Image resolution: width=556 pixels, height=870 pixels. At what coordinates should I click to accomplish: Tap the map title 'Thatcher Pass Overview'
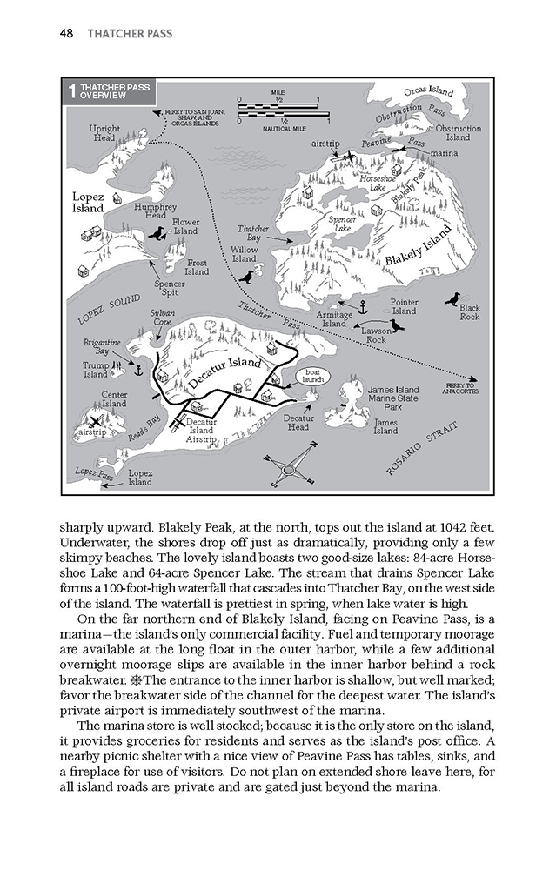coord(103,91)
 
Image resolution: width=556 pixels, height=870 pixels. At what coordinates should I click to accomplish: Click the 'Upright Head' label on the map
coord(104,133)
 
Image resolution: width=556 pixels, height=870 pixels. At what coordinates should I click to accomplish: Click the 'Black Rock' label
coord(470,312)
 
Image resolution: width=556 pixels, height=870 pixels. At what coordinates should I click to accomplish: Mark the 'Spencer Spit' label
coord(169,289)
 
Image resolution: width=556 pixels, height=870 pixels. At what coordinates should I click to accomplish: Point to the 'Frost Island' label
coord(197,267)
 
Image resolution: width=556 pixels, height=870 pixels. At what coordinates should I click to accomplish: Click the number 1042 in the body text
coord(459,527)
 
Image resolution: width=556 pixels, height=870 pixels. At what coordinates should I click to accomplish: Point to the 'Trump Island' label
coord(95,371)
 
